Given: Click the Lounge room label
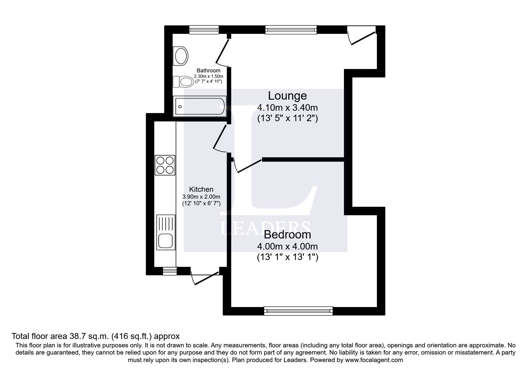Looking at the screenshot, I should click(287, 96).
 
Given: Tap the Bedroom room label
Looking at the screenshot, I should click(287, 235).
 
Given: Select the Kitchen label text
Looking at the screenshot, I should click(201, 189).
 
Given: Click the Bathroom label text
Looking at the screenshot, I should click(208, 71).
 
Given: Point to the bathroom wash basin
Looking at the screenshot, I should click(181, 56).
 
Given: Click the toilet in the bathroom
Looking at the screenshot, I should click(183, 81).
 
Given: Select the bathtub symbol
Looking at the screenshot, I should click(199, 106).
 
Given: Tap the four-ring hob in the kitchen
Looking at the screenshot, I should click(165, 165).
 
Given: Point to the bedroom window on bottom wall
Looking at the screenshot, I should click(298, 311).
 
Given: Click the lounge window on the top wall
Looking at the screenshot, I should click(291, 29).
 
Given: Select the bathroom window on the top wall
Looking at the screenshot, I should click(204, 29).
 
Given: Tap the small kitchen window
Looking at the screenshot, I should click(169, 271).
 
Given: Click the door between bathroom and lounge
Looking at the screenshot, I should click(222, 52).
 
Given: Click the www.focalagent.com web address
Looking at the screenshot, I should click(374, 360).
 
